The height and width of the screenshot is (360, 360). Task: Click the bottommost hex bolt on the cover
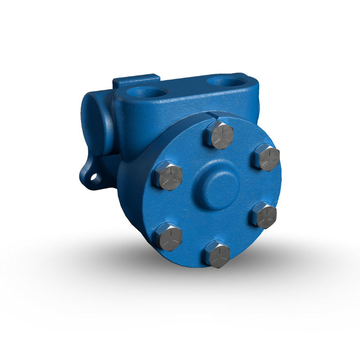tap(217, 255)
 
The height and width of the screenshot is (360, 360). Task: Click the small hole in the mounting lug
tap(94, 177)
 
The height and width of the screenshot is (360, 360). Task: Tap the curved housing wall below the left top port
tap(135, 130)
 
